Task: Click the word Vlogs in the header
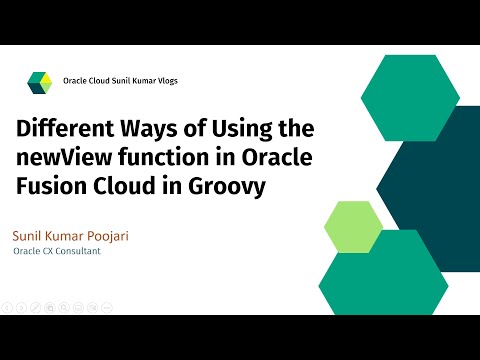(166, 81)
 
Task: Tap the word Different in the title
(66, 130)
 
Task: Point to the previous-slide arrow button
(7, 305)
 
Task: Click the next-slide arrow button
(21, 305)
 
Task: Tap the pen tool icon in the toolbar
(35, 305)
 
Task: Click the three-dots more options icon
(105, 305)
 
